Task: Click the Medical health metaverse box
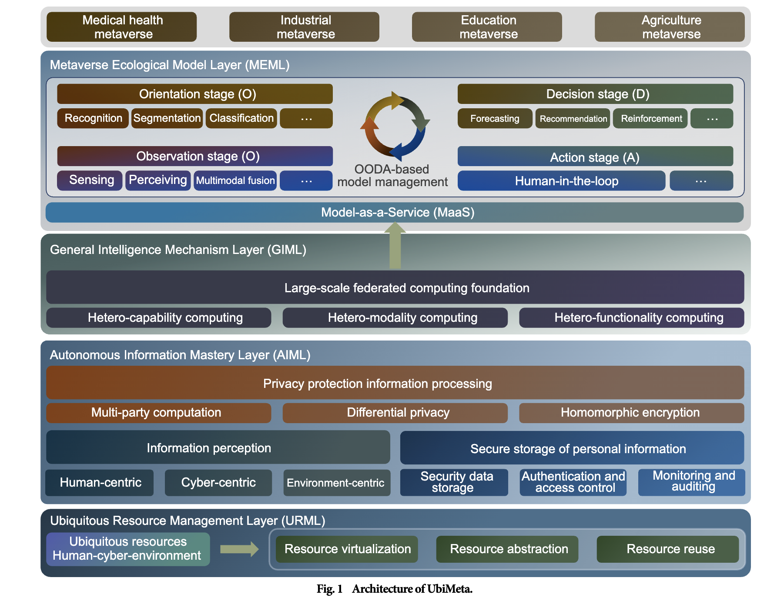coord(121,27)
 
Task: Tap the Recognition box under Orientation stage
coord(93,118)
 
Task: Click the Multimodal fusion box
coord(235,180)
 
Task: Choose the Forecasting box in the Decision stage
coord(495,118)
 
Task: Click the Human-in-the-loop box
coord(561,180)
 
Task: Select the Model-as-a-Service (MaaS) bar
coord(394,212)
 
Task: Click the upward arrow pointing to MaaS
coord(395,246)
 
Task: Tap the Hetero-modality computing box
coord(395,317)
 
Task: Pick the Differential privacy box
coord(395,412)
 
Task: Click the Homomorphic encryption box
coord(631,412)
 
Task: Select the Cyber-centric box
coord(218,482)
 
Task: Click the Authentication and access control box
coord(573,482)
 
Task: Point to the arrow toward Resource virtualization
coord(239,549)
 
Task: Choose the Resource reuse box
coord(667,549)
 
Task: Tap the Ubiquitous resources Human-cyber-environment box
coord(128,549)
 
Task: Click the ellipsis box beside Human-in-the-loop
coord(701,180)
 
